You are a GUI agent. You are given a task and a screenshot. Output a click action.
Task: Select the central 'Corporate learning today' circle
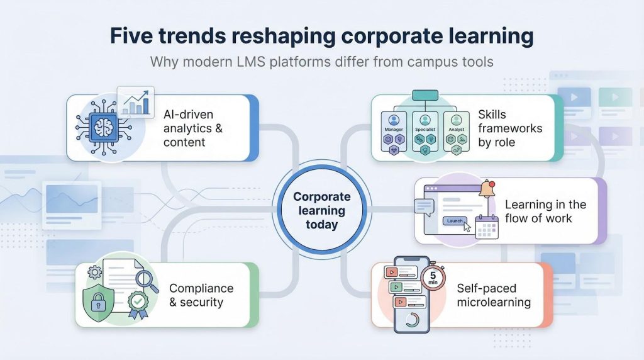point(321,210)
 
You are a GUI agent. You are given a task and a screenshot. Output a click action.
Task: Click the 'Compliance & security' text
point(201,295)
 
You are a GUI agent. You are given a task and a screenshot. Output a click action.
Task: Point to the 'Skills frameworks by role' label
point(509,128)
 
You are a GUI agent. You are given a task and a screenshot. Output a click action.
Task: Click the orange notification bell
point(486,188)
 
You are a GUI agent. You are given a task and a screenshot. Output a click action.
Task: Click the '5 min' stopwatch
point(432,278)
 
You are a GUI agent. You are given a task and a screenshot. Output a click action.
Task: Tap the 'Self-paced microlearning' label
point(494,295)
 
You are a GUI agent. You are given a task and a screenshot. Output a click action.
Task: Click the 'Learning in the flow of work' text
point(545,211)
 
